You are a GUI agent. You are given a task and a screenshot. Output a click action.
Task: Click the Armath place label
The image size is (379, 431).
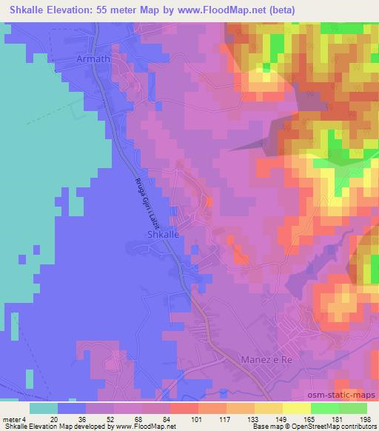click(x=95, y=57)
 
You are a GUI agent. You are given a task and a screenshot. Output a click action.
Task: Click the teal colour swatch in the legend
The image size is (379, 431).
click(x=43, y=408)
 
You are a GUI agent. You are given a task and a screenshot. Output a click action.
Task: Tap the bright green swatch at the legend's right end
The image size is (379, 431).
click(x=353, y=408)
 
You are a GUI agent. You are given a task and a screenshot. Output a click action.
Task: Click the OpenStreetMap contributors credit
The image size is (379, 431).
click(x=332, y=427)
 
